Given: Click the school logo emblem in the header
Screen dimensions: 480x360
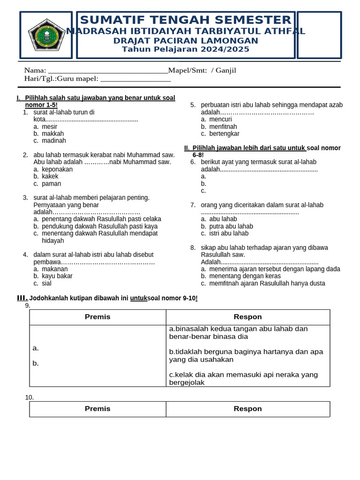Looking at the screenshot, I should pos(46,35).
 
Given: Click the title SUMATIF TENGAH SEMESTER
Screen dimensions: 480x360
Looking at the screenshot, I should pos(186,20).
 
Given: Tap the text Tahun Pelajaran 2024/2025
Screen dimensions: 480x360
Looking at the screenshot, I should pos(186,49).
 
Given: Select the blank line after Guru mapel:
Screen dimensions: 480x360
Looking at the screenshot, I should pos(135,79).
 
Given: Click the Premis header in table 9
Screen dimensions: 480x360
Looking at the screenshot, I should pos(97,317).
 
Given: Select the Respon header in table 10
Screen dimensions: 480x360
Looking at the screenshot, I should pos(247,409).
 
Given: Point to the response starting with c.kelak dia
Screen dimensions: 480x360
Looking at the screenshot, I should pos(243,378).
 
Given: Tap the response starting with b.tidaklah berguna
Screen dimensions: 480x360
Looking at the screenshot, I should pos(246,355).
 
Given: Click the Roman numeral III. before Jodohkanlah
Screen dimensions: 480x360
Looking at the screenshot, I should pos(22,298).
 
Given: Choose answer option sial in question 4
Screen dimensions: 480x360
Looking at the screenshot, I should pos(46,283).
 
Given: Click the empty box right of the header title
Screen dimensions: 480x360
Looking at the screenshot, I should pos(319,35).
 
